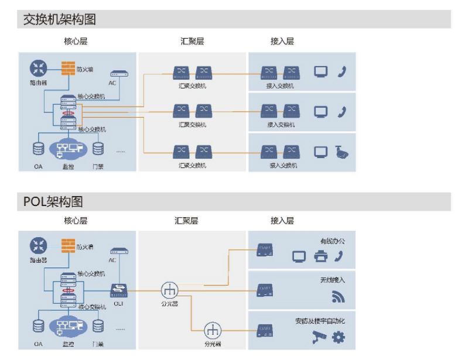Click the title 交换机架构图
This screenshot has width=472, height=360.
[59, 19]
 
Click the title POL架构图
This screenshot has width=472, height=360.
[53, 202]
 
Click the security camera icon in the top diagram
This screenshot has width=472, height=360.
[341, 152]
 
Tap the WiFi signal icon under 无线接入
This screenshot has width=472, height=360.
[338, 297]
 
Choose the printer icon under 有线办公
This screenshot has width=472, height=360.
[320, 256]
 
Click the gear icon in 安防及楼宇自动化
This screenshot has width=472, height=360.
[338, 337]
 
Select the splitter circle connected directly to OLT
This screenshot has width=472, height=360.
[170, 289]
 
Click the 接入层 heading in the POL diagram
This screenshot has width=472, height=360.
[282, 221]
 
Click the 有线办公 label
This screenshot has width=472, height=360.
[333, 241]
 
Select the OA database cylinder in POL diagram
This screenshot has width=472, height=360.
[39, 326]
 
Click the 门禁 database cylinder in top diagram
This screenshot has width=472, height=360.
[98, 149]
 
